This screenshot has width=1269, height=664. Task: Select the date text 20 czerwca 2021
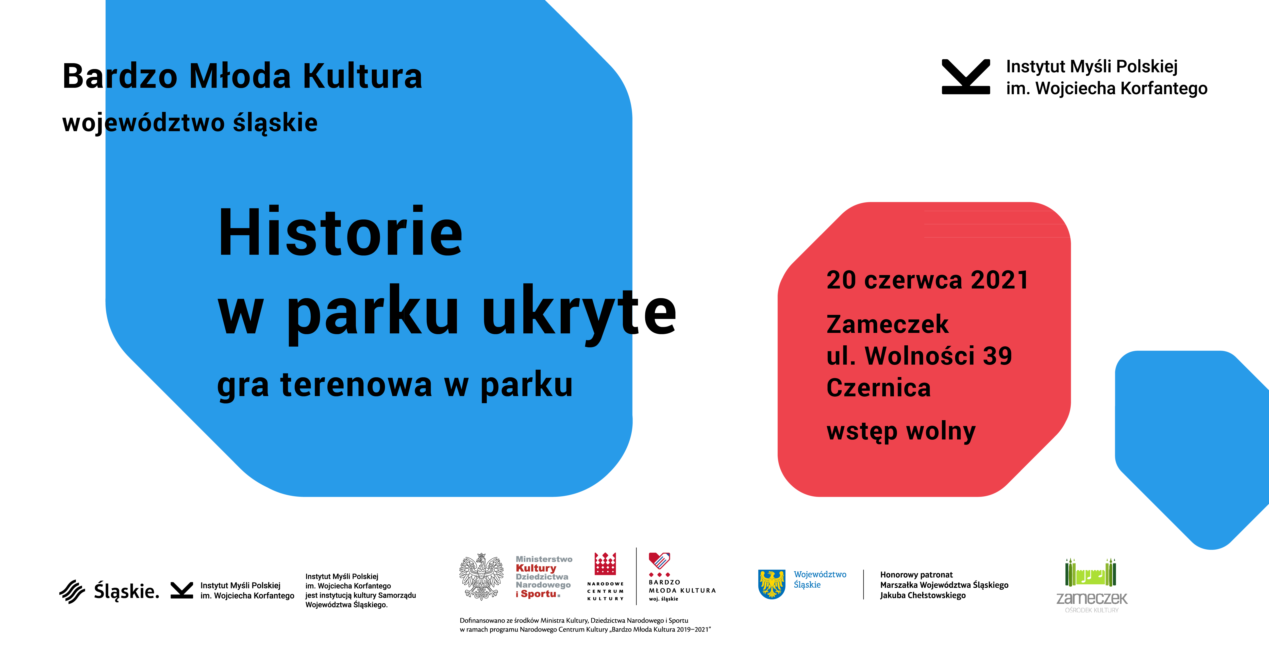(928, 280)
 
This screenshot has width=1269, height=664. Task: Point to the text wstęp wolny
(901, 432)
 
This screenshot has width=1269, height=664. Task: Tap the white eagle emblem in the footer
(481, 576)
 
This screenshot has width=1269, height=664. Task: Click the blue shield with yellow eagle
(772, 584)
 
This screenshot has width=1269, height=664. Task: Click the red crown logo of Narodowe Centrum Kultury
(605, 564)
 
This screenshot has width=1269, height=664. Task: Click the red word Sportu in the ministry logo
(539, 594)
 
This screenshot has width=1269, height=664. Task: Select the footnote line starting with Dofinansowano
(574, 621)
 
